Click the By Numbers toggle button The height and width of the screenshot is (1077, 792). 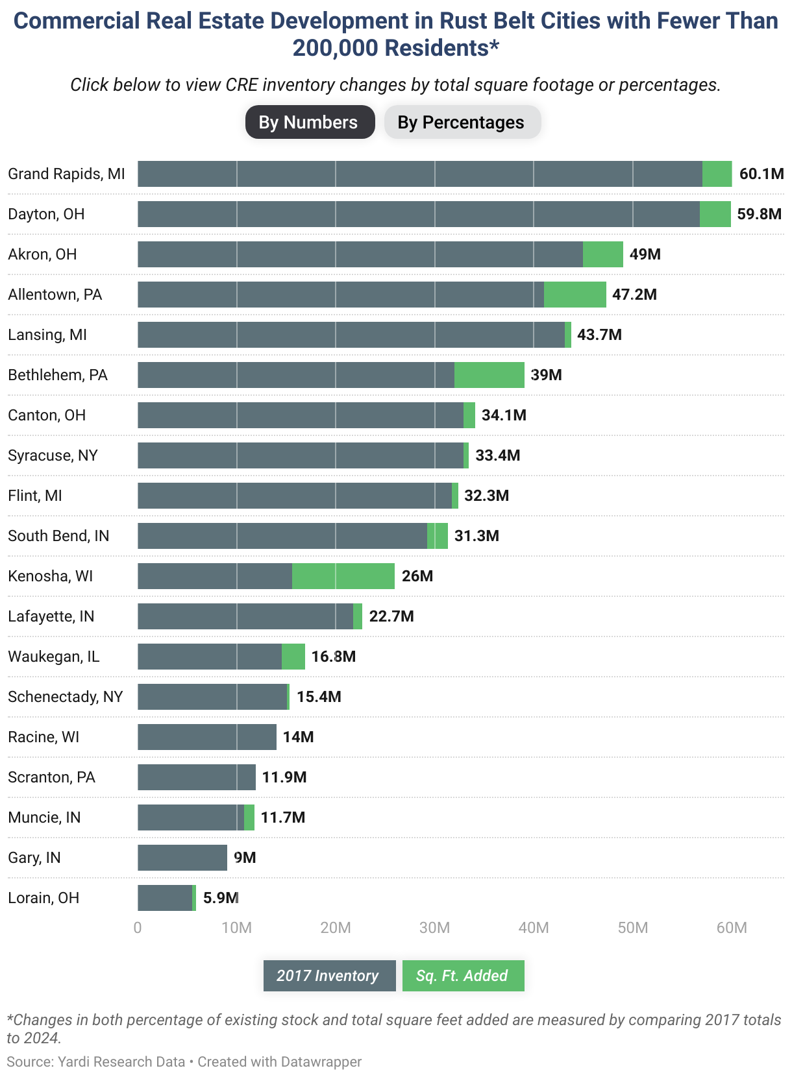[x=310, y=122]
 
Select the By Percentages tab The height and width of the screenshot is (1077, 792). [x=462, y=122]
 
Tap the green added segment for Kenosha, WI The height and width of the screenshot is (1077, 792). [x=343, y=575]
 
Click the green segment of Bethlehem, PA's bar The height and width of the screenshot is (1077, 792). [x=489, y=374]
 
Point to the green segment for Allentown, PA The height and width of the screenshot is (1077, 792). [x=575, y=295]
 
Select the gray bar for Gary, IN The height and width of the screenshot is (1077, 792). [x=182, y=857]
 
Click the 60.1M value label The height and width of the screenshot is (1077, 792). [x=761, y=174]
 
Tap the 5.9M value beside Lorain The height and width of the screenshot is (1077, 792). [x=220, y=898]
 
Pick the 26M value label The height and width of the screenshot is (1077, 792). [x=417, y=575]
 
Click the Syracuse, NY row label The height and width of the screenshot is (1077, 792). [x=53, y=455]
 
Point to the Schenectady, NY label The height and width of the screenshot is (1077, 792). [x=66, y=697]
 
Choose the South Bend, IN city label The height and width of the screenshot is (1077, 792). [x=58, y=536]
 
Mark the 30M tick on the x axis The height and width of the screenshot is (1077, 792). [x=434, y=928]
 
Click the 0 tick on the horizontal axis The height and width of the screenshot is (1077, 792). [x=138, y=928]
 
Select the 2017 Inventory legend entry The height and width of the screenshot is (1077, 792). [x=329, y=976]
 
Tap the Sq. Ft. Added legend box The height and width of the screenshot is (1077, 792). [x=463, y=976]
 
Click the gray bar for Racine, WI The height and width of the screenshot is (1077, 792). [x=207, y=736]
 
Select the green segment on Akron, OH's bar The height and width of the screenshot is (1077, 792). [x=603, y=254]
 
